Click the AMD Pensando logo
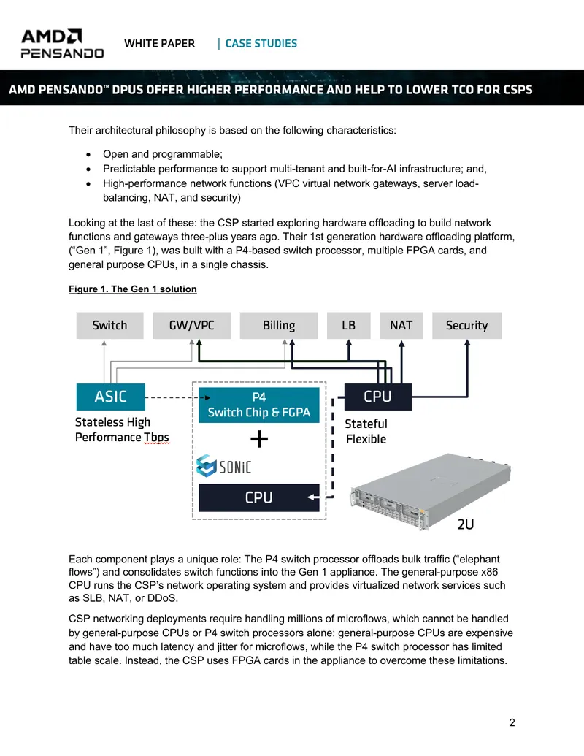click(62, 44)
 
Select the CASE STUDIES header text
click(261, 43)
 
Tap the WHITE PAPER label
click(159, 43)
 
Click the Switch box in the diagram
click(109, 326)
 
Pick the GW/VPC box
click(192, 326)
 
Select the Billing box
click(279, 326)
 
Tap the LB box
click(349, 326)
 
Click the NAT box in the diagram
click(401, 326)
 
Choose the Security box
click(467, 326)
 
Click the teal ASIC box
click(111, 397)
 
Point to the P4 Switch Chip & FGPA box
click(259, 405)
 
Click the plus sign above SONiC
click(259, 439)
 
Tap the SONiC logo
click(224, 466)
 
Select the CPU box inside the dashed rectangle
click(259, 497)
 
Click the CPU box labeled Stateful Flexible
click(377, 397)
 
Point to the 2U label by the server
click(466, 524)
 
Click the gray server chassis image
click(431, 492)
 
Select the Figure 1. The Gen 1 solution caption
click(133, 289)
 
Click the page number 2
click(512, 722)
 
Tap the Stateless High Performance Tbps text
click(122, 429)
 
